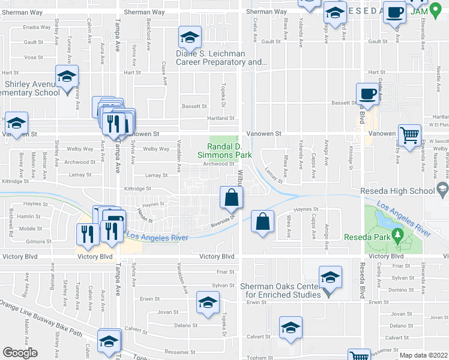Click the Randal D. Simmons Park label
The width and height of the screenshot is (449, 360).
pyautogui.click(x=229, y=151)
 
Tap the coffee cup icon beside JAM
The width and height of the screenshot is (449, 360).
pyautogui.click(x=395, y=12)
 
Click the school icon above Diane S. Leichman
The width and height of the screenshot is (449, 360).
pyautogui.click(x=190, y=38)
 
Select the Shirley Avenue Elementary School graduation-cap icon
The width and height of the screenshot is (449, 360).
pyautogui.click(x=67, y=76)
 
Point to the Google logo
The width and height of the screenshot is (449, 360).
pyautogui.click(x=20, y=353)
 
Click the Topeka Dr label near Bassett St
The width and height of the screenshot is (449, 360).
pyautogui.click(x=223, y=91)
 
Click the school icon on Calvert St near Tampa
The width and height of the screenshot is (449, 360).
pyautogui.click(x=109, y=341)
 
